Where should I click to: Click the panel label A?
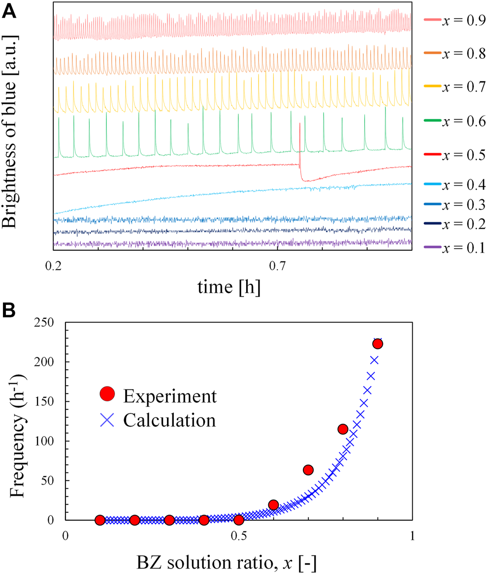pos(10,11)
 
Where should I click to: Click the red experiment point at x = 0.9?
pos(378,343)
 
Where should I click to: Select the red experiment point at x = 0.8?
pos(343,429)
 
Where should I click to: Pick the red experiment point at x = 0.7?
pos(308,470)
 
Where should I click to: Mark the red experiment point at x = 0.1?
pos(99,520)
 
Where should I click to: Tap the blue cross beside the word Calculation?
pos(107,420)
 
